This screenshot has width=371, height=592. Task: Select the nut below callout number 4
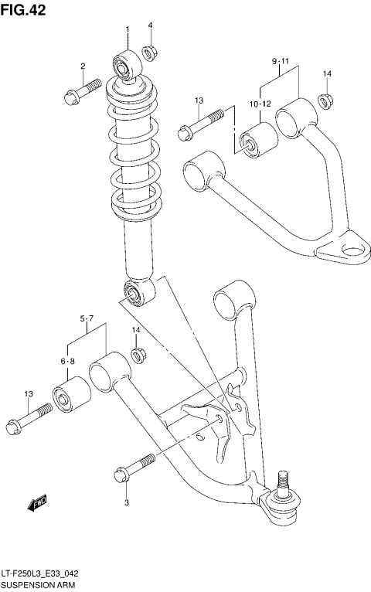tap(150, 53)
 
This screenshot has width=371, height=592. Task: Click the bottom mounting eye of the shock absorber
tap(133, 293)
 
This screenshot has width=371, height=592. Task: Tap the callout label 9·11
tap(279, 60)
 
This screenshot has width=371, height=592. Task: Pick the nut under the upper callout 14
tap(326, 100)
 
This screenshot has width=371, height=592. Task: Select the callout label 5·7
tap(86, 318)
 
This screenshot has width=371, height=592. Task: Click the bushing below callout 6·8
tap(65, 396)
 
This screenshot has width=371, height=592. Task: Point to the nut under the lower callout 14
tap(138, 356)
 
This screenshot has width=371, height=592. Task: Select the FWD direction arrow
tap(37, 504)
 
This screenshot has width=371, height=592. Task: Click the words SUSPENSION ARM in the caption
tap(37, 585)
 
